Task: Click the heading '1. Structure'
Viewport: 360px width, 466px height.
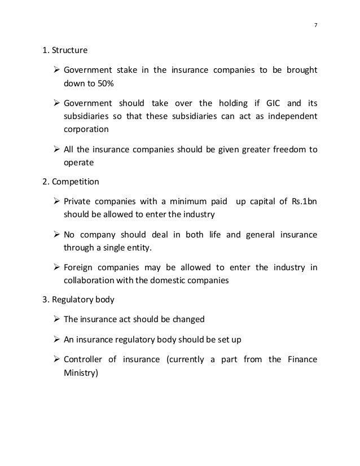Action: coord(65,51)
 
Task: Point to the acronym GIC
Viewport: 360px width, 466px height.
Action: coord(274,103)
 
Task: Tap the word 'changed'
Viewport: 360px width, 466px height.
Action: coord(186,319)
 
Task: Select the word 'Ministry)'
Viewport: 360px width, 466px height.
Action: coord(81,372)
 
